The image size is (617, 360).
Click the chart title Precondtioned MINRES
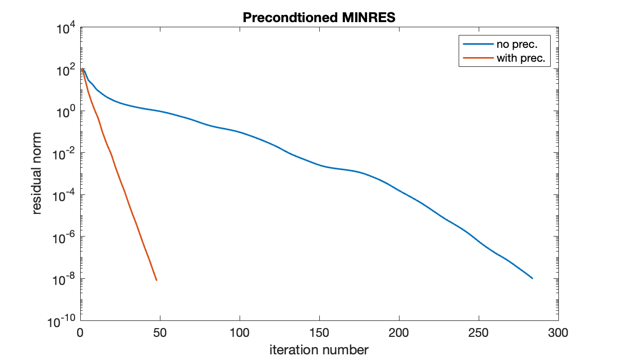(x=318, y=17)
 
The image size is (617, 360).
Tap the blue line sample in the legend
(x=478, y=45)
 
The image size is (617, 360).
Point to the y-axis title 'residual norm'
(x=37, y=174)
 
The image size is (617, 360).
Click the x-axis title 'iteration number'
(x=319, y=350)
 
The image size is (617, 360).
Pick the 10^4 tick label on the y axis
(x=66, y=29)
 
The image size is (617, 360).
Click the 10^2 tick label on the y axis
(x=66, y=70)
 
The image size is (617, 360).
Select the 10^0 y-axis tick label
(x=66, y=112)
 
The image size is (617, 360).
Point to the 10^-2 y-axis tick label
(x=65, y=154)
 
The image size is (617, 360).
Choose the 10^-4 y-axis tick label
(x=65, y=195)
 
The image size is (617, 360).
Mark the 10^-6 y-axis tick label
(x=65, y=237)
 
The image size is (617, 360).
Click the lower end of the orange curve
(x=156, y=280)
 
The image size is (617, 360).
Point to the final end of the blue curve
(x=532, y=278)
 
